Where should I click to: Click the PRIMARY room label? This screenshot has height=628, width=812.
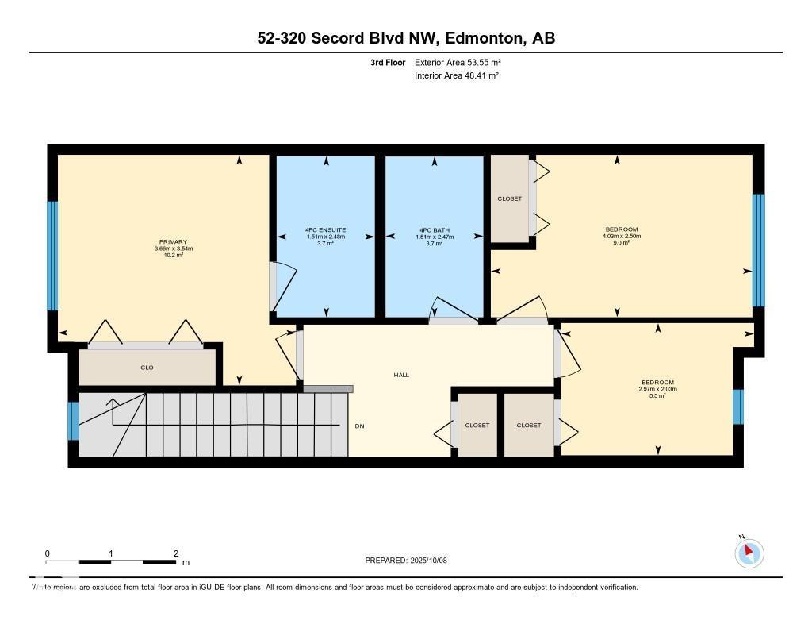(x=172, y=241)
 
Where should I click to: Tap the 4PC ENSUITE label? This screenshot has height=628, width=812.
(x=325, y=230)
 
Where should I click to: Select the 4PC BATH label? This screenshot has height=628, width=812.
(x=434, y=230)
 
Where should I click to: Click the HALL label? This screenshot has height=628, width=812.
(x=401, y=375)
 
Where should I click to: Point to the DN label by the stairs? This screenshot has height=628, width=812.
(x=359, y=426)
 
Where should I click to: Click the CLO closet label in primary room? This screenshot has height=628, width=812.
(x=147, y=368)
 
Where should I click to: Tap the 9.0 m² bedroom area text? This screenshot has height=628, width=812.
(x=622, y=243)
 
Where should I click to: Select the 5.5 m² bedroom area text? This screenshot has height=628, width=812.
(x=658, y=395)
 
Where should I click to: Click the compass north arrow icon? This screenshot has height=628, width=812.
(x=749, y=553)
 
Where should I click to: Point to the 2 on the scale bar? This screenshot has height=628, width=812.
(x=175, y=553)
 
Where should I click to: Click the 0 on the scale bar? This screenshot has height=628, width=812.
(x=48, y=553)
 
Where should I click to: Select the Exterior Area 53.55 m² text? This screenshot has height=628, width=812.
(x=458, y=62)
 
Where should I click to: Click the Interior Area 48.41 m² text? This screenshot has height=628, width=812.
(x=456, y=76)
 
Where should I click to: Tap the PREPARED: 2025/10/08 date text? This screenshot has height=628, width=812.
(x=406, y=561)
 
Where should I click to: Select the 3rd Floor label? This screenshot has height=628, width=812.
(x=388, y=62)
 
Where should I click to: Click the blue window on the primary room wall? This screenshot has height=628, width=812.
(x=53, y=256)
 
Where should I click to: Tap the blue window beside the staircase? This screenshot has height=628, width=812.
(x=73, y=421)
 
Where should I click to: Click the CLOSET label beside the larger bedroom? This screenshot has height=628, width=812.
(x=510, y=198)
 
